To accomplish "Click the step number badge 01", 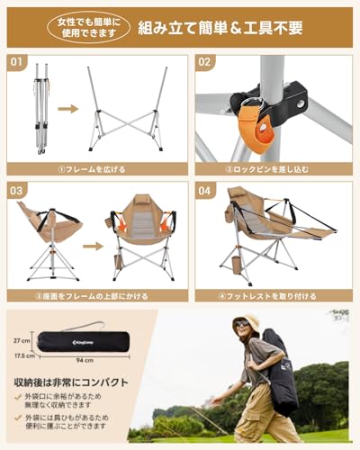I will point(17,63).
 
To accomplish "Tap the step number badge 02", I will point(204,63).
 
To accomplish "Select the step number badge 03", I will point(17,190).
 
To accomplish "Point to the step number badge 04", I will point(204,190).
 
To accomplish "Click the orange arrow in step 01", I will point(68,109).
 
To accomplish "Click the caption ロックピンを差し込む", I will point(274,168).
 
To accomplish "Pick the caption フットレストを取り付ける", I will point(274,295).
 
